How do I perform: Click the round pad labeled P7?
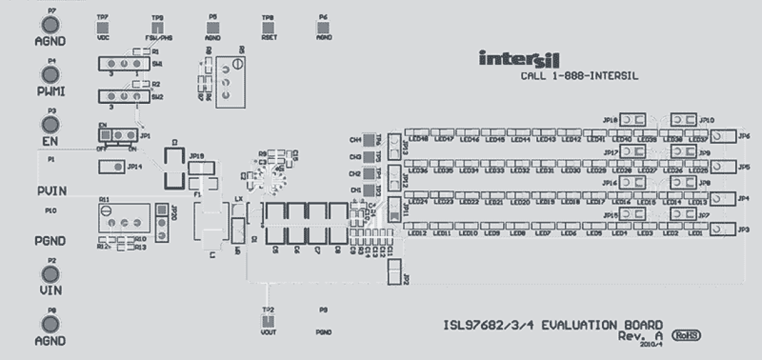pyautogui.click(x=51, y=25)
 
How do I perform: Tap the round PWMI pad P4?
pyautogui.click(x=51, y=74)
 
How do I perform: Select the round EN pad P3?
pyautogui.click(x=51, y=123)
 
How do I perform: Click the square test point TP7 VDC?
pyautogui.click(x=102, y=27)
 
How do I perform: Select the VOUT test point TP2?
pyautogui.click(x=268, y=321)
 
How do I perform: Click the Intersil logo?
pyautogui.click(x=519, y=59)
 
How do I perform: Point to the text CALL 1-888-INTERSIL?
pyautogui.click(x=571, y=76)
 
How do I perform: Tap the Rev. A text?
pyautogui.click(x=641, y=335)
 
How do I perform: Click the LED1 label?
pyautogui.click(x=696, y=233)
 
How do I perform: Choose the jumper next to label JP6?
pyautogui.click(x=723, y=137)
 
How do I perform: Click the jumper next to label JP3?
pyautogui.click(x=723, y=229)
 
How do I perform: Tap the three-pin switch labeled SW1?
pyautogui.click(x=124, y=63)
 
